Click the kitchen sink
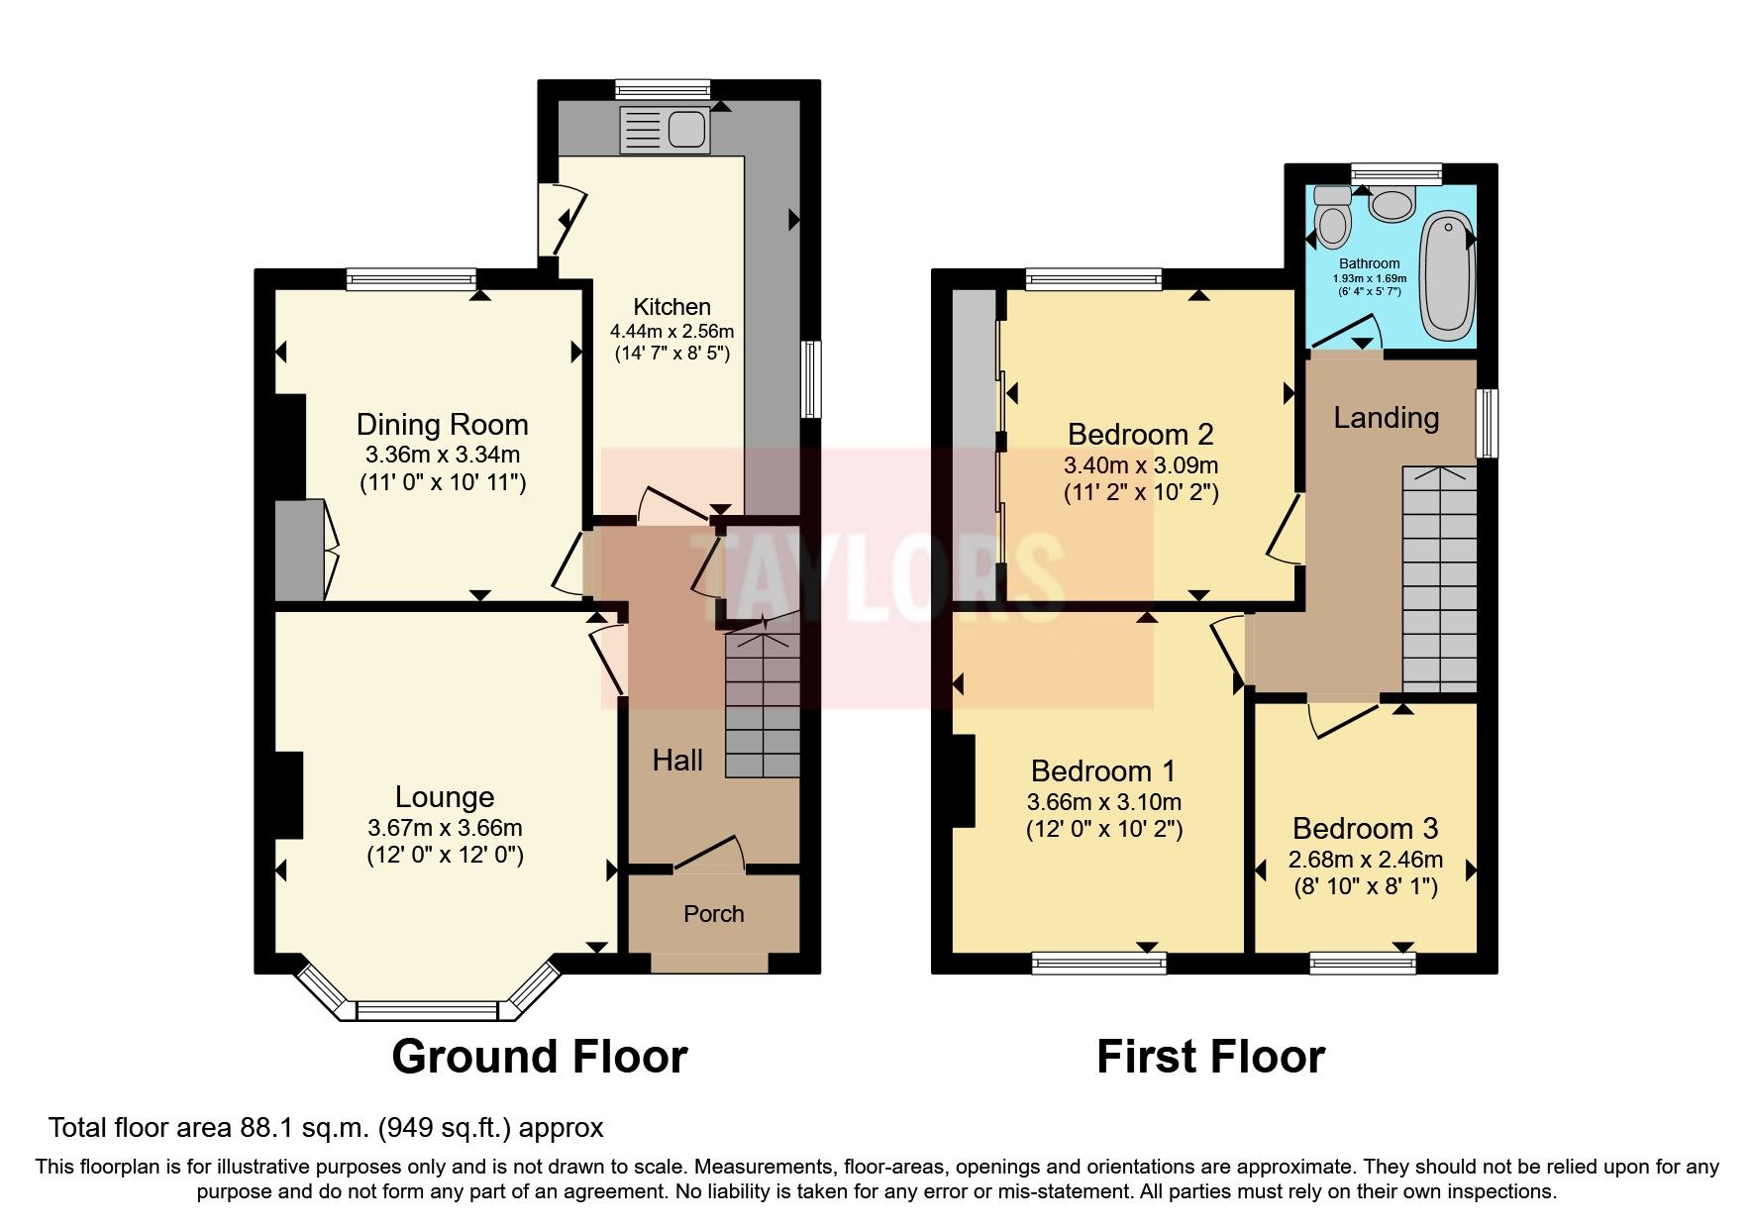click(665, 130)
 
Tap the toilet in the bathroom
click(1332, 220)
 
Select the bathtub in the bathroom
click(1447, 275)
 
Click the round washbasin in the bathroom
click(1393, 205)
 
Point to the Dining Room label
click(442, 425)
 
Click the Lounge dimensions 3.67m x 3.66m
click(445, 828)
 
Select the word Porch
click(713, 914)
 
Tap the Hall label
click(677, 761)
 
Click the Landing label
click(1386, 418)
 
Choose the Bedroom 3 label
click(1365, 829)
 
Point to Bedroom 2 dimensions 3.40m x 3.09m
click(1141, 465)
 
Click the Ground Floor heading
click(539, 1057)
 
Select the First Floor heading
click(1209, 1057)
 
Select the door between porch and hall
click(709, 854)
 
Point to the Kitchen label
click(671, 307)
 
